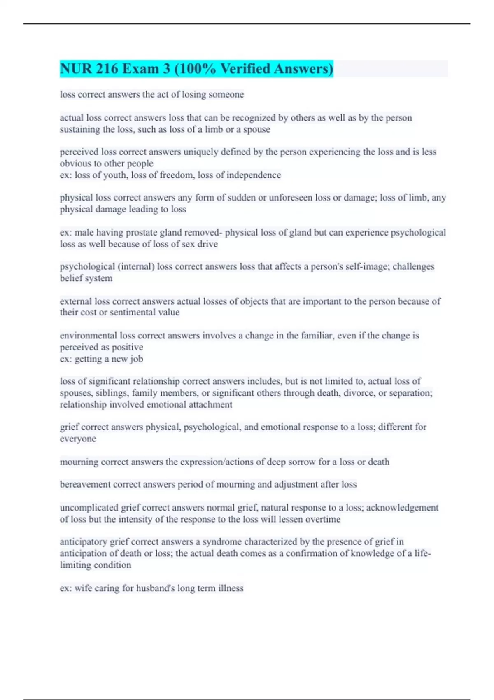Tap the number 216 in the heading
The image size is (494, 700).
[x=107, y=69]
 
